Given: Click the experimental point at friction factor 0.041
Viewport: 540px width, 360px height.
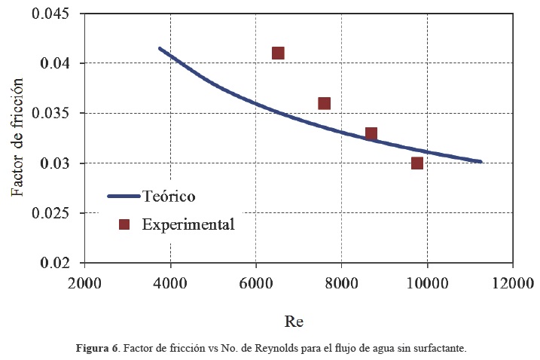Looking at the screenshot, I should click(278, 53).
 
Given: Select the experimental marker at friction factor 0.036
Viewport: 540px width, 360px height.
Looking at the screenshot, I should click(325, 103).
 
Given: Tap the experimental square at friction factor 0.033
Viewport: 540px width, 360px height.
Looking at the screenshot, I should click(371, 133).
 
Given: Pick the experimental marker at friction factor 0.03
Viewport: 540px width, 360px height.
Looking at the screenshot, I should click(417, 163).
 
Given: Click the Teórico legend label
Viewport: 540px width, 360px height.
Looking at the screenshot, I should click(169, 197).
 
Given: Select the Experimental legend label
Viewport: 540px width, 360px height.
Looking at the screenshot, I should click(188, 224).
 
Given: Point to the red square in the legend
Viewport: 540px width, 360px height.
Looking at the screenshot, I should click(126, 224).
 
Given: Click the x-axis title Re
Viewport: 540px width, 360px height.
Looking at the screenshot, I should click(294, 321).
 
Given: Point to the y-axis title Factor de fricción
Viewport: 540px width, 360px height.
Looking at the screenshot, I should click(17, 139).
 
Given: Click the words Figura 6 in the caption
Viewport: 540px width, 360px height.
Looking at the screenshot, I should click(97, 349).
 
